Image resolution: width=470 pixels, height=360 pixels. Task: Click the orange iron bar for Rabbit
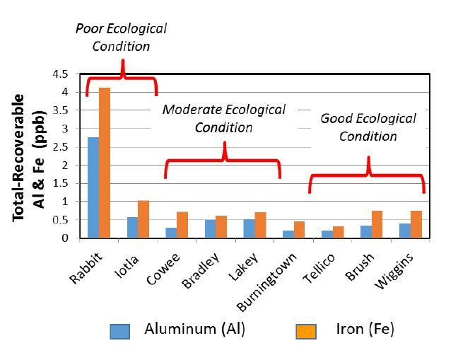pos(105,163)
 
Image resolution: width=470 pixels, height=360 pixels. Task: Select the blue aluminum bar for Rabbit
pos(93,187)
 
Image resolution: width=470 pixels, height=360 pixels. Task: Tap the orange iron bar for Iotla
pos(144,219)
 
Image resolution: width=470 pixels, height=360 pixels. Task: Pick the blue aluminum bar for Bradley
pos(210,228)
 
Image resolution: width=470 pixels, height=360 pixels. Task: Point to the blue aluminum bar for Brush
pos(366,231)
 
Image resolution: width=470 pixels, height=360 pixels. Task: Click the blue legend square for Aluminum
pos(119,331)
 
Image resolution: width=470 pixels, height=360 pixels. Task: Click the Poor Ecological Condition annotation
pos(122,37)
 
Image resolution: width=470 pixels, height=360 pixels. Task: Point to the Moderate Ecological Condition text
pos(224,118)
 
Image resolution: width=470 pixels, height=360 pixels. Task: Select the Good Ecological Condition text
pos(368,127)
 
